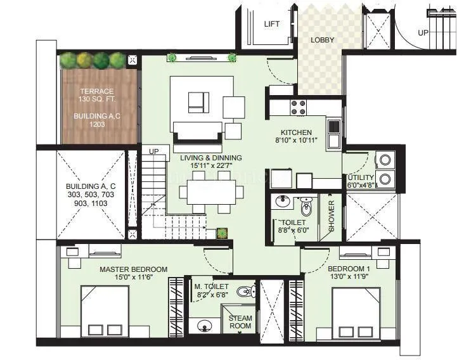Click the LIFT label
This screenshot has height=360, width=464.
point(271,24)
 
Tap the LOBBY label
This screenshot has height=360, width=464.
point(322,40)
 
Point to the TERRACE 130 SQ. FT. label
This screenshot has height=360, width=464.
point(96,96)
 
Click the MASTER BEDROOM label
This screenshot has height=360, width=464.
point(133,269)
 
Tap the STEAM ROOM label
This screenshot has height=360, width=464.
point(240,322)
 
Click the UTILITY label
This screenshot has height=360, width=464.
point(359,177)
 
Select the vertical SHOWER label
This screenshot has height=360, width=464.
point(332,216)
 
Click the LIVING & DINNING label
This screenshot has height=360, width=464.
point(210,157)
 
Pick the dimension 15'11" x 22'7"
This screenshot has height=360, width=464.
point(211,166)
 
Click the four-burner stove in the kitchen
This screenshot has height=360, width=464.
point(298,108)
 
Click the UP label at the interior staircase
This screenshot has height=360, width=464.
point(153,151)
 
